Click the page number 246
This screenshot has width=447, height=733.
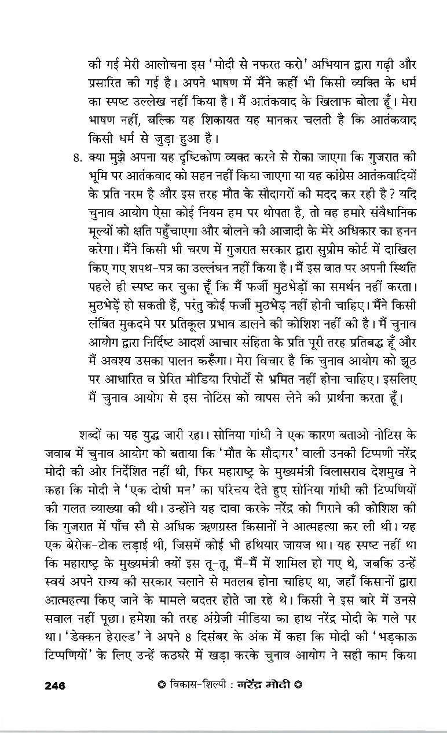tap(55, 686)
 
